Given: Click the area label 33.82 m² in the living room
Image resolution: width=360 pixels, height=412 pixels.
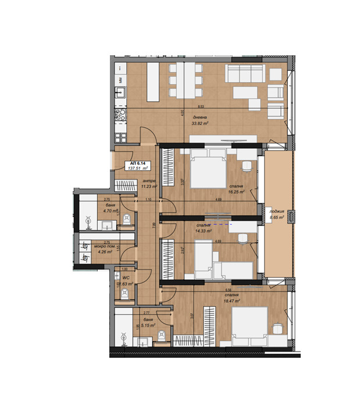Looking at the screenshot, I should pyautogui.click(x=201, y=123).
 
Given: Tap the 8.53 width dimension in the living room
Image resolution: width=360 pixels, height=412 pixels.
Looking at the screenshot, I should pyautogui.click(x=201, y=107).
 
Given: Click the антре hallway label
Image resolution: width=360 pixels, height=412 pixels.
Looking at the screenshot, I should pyautogui.click(x=149, y=181).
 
